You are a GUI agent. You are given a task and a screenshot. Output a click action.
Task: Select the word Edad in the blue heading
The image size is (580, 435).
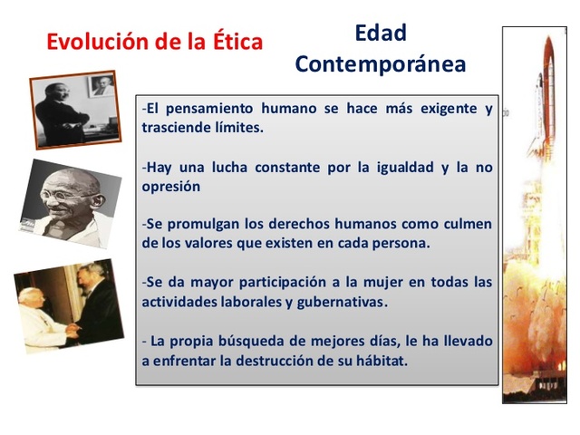coord(380,34)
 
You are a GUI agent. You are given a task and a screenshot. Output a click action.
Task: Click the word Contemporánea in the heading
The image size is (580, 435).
coord(380,64)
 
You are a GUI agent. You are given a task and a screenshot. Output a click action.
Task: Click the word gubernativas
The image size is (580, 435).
coord(344,301)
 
